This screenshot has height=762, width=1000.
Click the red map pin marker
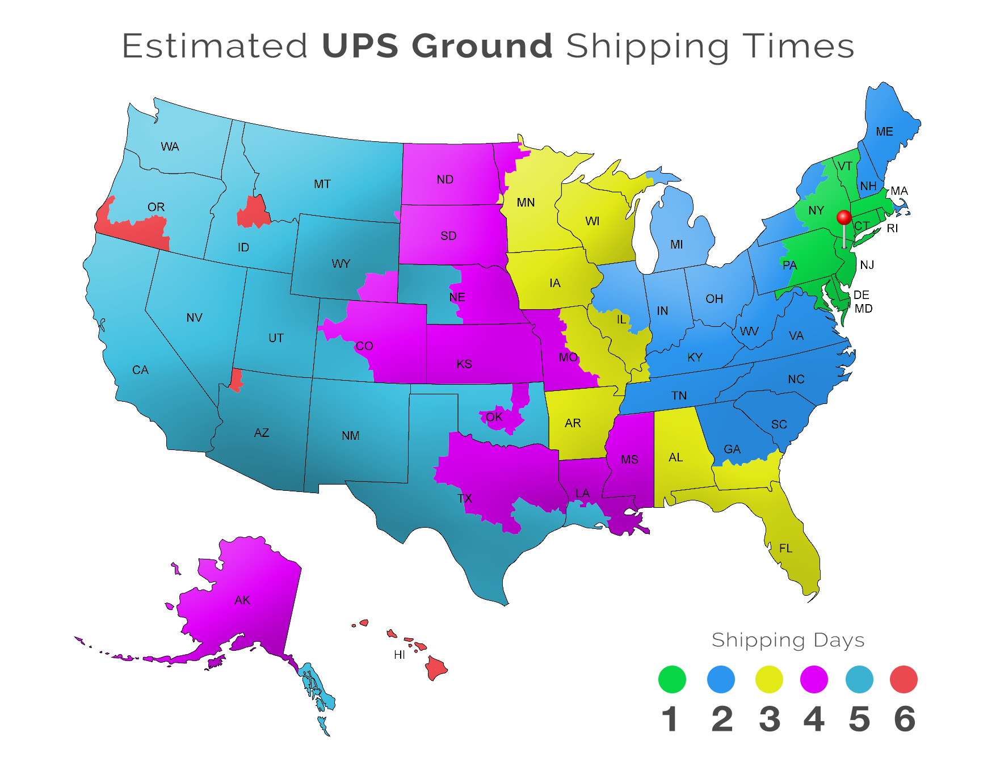point(844,218)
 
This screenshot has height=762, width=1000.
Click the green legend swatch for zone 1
point(672,680)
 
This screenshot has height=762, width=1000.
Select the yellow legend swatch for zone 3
point(768,680)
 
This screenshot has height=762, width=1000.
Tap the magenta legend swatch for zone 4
point(814,680)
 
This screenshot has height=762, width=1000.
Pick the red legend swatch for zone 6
point(904,680)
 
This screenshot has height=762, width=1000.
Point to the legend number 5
point(859,719)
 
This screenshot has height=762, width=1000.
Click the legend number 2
point(722,719)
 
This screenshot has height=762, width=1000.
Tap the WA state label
point(170,147)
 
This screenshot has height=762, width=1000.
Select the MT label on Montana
point(322,184)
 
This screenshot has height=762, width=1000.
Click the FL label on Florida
point(785,548)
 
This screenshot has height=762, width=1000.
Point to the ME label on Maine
point(884,132)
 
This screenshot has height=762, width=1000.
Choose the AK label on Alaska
point(242,600)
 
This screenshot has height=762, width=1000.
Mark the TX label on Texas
point(465,498)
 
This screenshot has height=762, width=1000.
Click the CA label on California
point(140,370)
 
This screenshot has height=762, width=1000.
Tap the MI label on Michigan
point(677,245)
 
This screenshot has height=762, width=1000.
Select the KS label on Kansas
point(464,364)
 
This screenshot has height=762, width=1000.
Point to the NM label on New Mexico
point(351,435)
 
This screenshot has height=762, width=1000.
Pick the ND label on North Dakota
point(445,179)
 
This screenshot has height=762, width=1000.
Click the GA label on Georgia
point(732,449)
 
